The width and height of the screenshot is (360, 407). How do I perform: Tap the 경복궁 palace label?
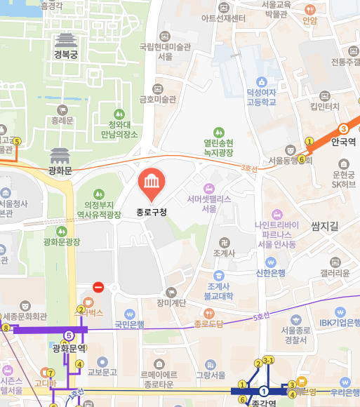65,55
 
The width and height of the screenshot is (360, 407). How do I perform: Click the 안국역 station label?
343,141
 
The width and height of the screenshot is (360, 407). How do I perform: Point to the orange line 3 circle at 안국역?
343,129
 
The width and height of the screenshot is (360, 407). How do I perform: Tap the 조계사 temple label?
224,253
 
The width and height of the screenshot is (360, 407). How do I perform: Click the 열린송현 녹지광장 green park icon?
218,131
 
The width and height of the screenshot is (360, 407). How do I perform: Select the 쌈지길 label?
324,226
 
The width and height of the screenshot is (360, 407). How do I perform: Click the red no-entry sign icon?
98,287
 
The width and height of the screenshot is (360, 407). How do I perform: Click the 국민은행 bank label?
129,325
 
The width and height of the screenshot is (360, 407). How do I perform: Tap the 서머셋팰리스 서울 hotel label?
209,203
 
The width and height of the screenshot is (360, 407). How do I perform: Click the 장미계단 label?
171,303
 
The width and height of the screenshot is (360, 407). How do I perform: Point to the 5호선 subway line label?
260,317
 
